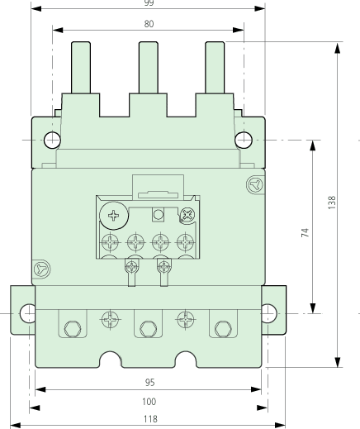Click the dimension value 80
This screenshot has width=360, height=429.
click(x=149, y=24)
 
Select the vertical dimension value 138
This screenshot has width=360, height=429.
click(x=332, y=203)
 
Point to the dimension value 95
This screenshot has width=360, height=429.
click(x=149, y=383)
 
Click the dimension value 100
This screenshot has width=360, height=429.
click(x=149, y=401)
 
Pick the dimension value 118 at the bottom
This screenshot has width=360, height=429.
click(x=149, y=418)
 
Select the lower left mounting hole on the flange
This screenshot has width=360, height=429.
click(x=28, y=313)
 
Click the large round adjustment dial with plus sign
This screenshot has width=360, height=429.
click(x=112, y=217)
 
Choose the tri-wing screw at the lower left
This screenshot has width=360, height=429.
click(x=44, y=269)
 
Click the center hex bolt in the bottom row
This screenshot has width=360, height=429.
click(x=149, y=325)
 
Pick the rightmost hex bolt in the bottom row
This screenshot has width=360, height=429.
click(x=221, y=325)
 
